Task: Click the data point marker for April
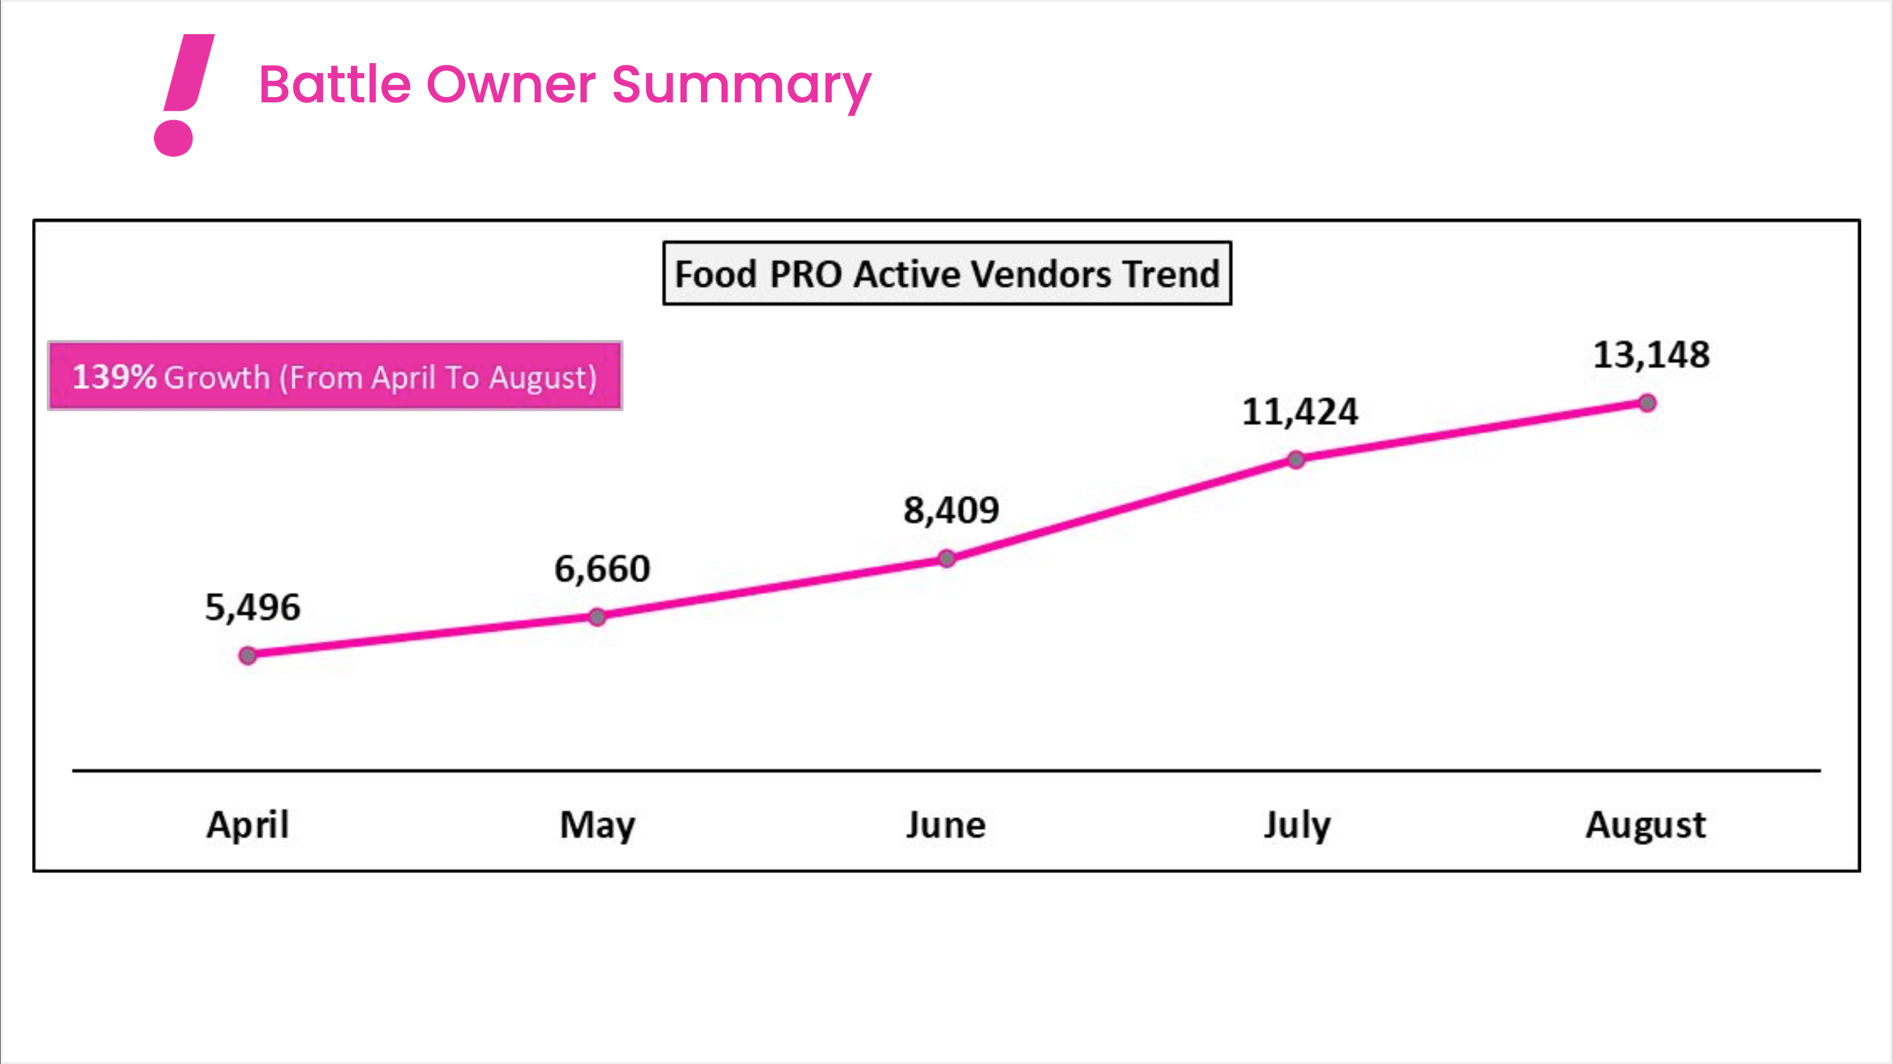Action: (248, 655)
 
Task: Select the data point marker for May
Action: (597, 616)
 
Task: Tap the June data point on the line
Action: (947, 559)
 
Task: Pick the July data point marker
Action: (1296, 460)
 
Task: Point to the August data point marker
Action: (1647, 402)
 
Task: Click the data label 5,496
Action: (253, 607)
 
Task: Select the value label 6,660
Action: (602, 569)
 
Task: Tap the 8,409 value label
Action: (951, 510)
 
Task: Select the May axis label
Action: (597, 825)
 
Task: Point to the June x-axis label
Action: (946, 825)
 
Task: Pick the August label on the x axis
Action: (1645, 825)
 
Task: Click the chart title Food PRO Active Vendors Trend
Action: (947, 274)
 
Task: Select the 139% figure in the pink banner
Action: (114, 376)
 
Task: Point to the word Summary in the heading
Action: (741, 86)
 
